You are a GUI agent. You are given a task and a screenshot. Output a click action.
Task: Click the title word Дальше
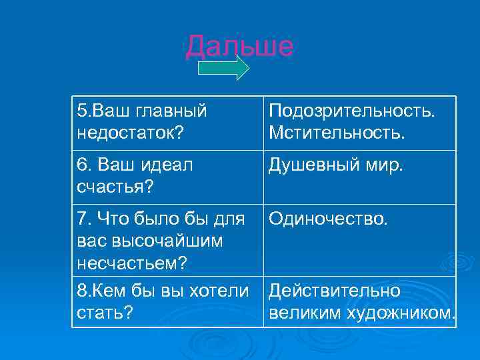point(239,46)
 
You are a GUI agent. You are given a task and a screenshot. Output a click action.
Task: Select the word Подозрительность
point(351,110)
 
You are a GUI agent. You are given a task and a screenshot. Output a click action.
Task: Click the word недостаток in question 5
point(127,132)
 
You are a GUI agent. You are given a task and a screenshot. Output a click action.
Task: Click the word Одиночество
point(327,219)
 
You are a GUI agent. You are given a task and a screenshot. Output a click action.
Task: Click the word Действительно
point(334,291)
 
